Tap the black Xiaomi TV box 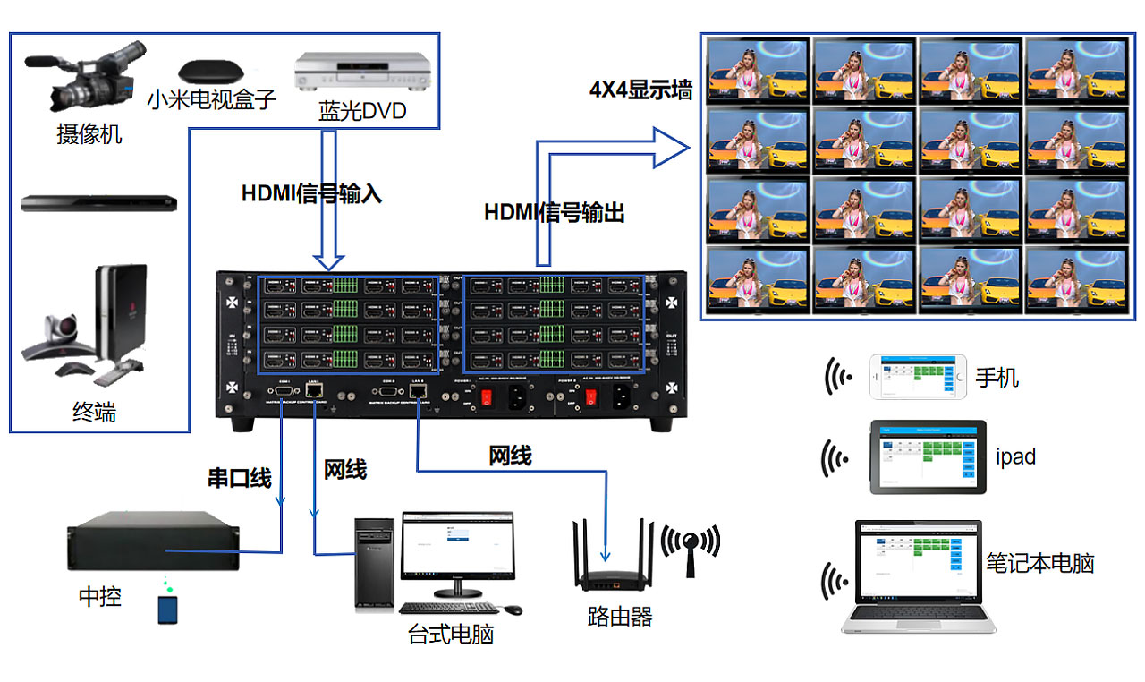(210, 71)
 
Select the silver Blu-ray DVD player (363, 72)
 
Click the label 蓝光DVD (362, 111)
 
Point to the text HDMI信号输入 (311, 193)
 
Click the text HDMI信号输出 (554, 213)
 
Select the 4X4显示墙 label (640, 90)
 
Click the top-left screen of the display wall (758, 70)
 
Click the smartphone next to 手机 (919, 378)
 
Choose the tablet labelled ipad (928, 456)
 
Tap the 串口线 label (239, 478)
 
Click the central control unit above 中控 (153, 545)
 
